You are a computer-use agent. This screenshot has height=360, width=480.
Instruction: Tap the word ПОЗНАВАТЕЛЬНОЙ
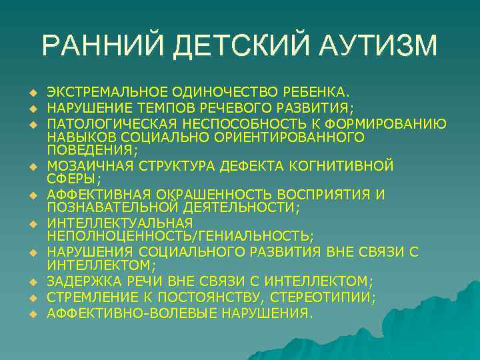click(105, 208)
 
